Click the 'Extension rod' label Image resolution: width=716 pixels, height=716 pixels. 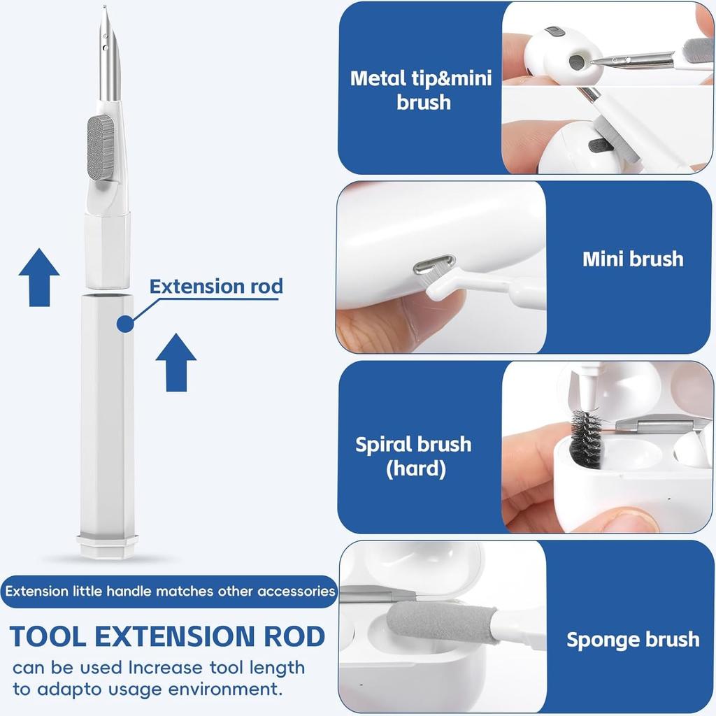tap(216, 287)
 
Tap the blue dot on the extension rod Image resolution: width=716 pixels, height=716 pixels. tap(125, 323)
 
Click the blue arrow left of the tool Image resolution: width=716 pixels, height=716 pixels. tap(39, 278)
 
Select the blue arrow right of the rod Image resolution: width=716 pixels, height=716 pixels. tap(176, 362)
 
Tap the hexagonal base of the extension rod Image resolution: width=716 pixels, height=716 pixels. tap(107, 545)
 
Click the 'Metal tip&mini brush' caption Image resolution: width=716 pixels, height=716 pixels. tap(421, 89)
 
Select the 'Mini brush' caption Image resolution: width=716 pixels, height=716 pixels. tap(632, 259)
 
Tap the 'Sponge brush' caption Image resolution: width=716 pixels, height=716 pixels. tap(632, 639)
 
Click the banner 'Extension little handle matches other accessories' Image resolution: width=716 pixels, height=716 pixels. tap(169, 592)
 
